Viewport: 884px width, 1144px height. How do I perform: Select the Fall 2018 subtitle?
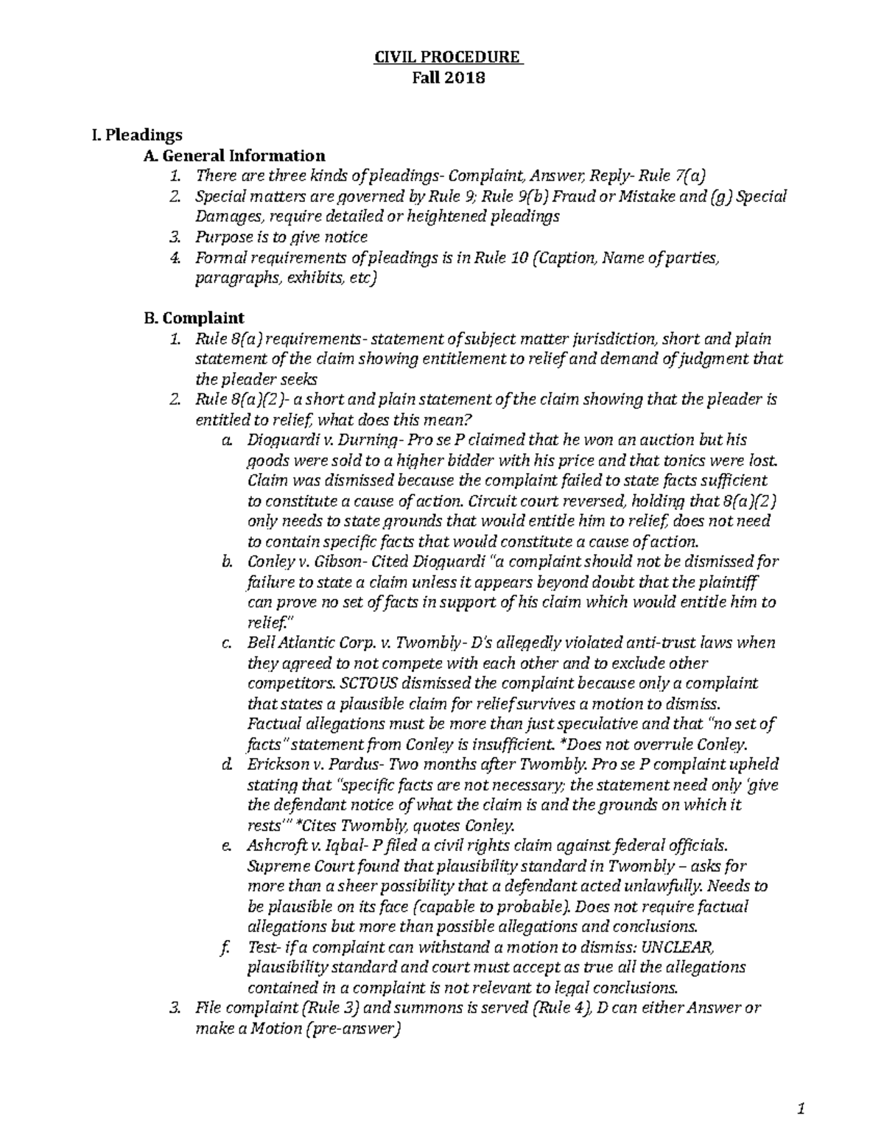(x=449, y=77)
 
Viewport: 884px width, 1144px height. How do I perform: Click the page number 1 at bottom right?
(x=800, y=1109)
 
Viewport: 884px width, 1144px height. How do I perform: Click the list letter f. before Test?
(x=225, y=947)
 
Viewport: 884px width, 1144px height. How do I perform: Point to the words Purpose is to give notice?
(x=281, y=237)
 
